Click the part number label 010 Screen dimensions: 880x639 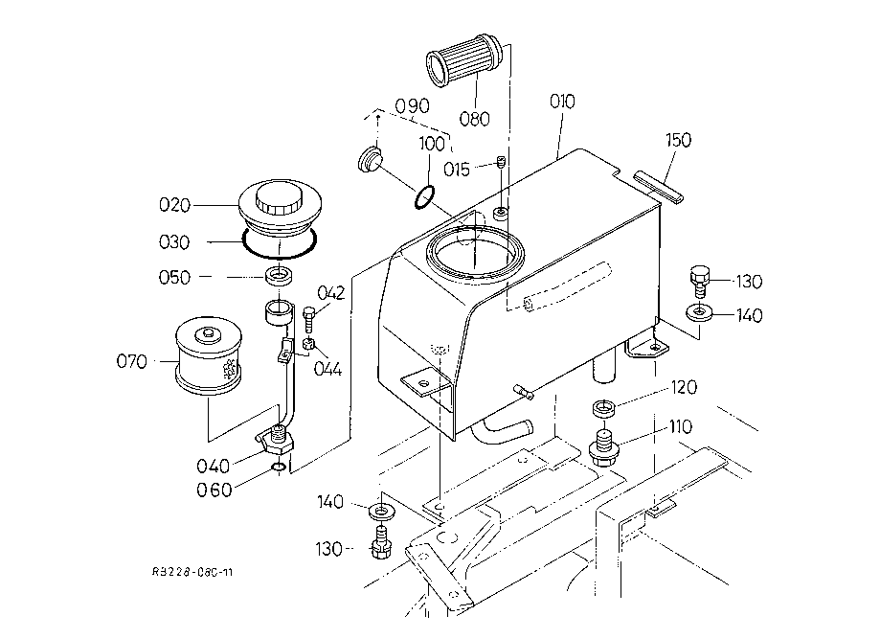coord(562,102)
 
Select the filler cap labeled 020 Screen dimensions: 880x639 coord(280,208)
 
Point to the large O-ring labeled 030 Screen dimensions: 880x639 coord(280,242)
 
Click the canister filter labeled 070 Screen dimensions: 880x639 coord(209,356)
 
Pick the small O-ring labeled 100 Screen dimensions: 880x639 coord(424,196)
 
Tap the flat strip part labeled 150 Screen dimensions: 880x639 coord(658,187)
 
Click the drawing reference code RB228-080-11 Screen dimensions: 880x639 coord(192,572)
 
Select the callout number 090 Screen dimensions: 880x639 coord(412,105)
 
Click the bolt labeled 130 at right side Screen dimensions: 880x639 coord(699,282)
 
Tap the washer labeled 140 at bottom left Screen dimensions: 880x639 coord(382,512)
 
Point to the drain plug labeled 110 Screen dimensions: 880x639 coord(604,447)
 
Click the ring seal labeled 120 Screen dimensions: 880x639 coord(604,408)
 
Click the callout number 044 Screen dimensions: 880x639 coord(327,369)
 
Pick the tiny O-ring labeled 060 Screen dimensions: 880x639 coord(278,468)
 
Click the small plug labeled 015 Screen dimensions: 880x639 coord(502,163)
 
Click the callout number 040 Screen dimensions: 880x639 coord(214,466)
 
